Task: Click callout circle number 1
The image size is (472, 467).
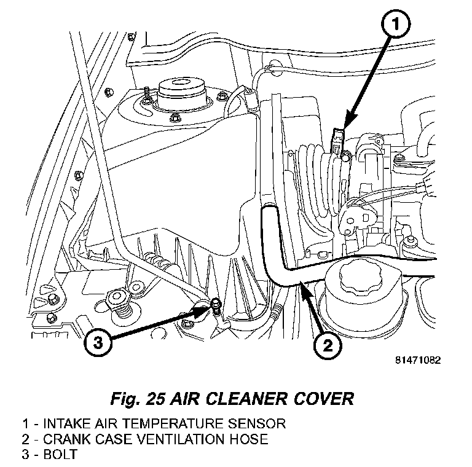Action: (395, 26)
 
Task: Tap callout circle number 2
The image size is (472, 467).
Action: (326, 345)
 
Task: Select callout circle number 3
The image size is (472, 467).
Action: (99, 342)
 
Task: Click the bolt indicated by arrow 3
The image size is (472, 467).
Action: (216, 304)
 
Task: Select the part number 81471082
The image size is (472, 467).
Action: (418, 361)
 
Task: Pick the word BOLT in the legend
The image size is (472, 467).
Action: (56, 455)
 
